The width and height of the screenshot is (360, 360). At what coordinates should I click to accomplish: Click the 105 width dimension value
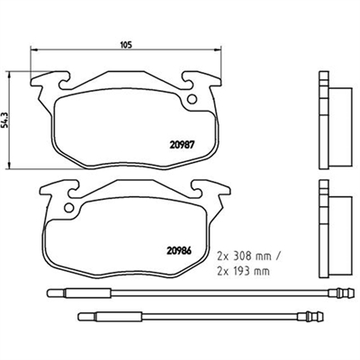tap(126, 45)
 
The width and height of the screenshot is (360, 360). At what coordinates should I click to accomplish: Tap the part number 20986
tap(178, 250)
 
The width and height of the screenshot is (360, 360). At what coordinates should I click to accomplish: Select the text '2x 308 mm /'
tap(248, 257)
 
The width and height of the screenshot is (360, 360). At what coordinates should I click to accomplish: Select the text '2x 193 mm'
tap(243, 272)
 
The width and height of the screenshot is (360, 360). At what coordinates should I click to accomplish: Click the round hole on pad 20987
tap(192, 99)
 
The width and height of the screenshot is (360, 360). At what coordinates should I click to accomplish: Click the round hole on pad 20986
tap(69, 207)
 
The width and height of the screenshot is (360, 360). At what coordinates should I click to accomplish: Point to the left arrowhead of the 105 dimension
tap(33, 49)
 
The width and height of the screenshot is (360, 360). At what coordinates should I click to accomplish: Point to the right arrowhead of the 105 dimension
tap(218, 49)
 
